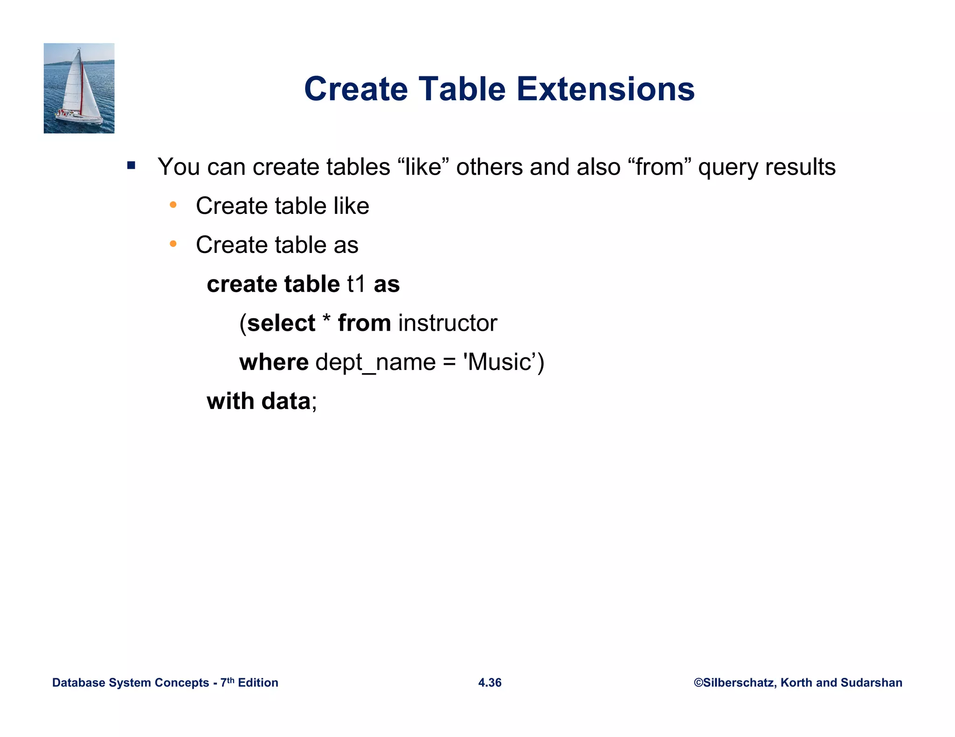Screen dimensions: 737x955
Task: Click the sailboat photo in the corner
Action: point(79,88)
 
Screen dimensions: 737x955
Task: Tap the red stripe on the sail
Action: point(82,89)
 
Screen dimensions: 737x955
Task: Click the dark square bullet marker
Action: point(131,165)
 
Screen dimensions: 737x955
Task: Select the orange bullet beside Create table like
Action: point(173,205)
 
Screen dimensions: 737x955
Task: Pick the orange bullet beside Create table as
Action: point(173,244)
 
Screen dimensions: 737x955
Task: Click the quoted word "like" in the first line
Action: point(422,167)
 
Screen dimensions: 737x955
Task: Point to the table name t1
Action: point(356,284)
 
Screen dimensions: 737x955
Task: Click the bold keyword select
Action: point(281,323)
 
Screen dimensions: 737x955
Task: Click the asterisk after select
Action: point(326,321)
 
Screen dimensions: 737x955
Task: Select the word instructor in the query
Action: point(448,323)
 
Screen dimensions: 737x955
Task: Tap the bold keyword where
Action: point(274,362)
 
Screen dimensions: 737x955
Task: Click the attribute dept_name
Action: point(375,363)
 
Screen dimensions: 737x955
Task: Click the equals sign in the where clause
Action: point(449,363)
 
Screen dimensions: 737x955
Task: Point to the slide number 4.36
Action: point(490,682)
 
